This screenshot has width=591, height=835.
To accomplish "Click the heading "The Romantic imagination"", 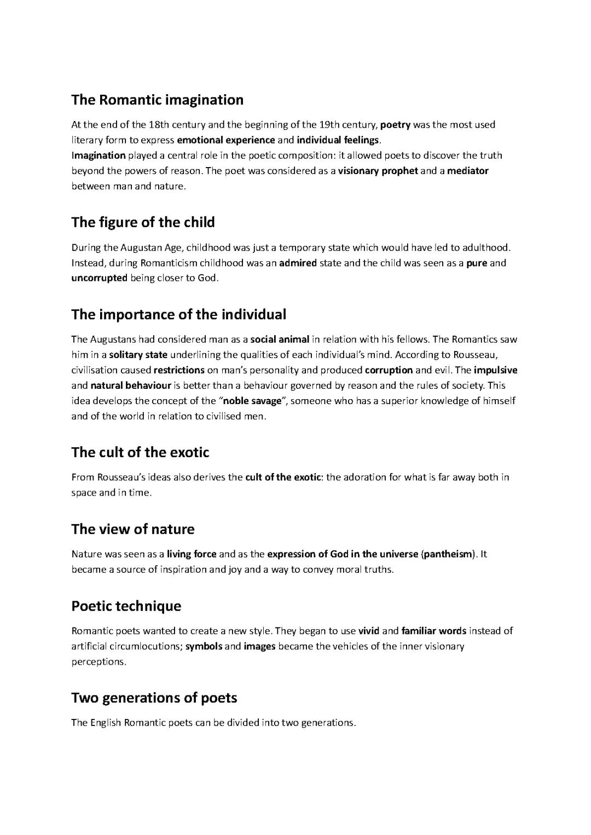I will pos(157,100).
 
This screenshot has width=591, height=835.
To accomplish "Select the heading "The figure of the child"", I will pos(143,222).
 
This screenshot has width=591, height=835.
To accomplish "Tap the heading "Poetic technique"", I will pos(126,606).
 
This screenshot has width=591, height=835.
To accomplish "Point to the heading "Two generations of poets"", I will pos(154,698).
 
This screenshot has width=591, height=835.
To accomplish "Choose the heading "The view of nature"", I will pos(132,529).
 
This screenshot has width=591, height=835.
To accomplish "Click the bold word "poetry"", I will pos(395,125).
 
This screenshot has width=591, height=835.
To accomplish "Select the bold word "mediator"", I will pos(467,171).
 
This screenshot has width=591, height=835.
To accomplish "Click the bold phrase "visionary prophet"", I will pos(378,171).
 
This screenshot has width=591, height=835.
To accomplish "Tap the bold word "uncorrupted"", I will pos(99,278).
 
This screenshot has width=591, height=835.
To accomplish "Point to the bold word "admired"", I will pos(298,263).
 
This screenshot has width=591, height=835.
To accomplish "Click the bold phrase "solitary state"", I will pos(138,355).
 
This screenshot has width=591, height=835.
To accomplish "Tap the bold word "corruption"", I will pos(389,370).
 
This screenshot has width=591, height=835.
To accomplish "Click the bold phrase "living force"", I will pos(192,554).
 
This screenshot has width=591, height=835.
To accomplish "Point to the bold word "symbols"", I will pos(204,646).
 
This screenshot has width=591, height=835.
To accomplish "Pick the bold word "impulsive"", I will pos(495,370).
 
